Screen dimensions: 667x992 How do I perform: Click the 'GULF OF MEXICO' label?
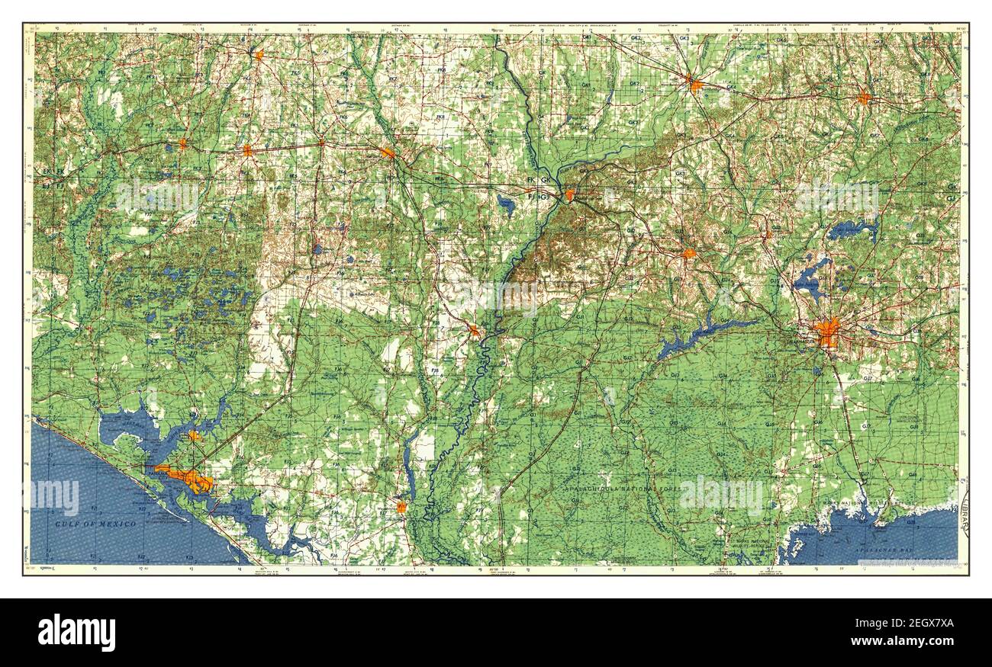click(x=95, y=524)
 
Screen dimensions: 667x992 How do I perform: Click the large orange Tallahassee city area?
click(x=827, y=333)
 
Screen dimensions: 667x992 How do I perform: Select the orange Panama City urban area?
click(x=188, y=479)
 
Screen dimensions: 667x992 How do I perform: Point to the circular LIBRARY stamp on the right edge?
click(x=964, y=518)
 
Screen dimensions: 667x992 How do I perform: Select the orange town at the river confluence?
click(x=569, y=195)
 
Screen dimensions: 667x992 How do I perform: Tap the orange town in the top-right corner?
click(x=864, y=97)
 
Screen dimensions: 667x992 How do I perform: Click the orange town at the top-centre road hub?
click(x=694, y=85)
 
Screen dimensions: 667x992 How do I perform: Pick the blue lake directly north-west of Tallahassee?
click(x=810, y=280)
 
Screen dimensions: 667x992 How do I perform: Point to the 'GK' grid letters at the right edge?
click(x=952, y=187)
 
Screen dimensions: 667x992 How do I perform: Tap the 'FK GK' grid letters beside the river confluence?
click(x=538, y=181)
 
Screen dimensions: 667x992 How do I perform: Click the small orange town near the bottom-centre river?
click(x=401, y=507)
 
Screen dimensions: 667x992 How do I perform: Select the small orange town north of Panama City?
click(x=195, y=436)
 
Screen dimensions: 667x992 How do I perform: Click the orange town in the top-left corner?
click(x=259, y=55)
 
